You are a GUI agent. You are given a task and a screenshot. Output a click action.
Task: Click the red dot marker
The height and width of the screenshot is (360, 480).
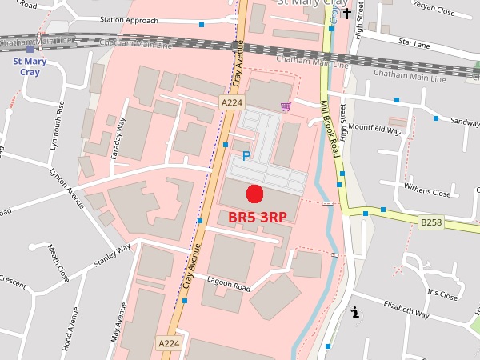point(254,193)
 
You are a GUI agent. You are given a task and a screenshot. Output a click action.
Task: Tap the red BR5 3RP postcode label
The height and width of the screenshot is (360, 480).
point(258,217)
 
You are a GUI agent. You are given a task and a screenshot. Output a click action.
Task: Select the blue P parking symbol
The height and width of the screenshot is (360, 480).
point(246,156)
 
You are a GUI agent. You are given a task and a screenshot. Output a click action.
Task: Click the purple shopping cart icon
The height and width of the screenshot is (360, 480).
point(286,106)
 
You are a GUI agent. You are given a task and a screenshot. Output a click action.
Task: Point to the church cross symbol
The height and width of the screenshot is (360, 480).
point(346,13)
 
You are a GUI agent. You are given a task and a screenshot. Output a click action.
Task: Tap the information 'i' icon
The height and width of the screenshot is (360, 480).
point(354,313)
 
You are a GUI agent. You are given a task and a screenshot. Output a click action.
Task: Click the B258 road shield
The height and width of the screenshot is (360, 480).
point(430,222)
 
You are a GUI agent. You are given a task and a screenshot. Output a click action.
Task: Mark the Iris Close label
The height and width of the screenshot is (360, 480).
point(442,294)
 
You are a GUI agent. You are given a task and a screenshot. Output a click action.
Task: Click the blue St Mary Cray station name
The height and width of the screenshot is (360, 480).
point(30,66)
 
